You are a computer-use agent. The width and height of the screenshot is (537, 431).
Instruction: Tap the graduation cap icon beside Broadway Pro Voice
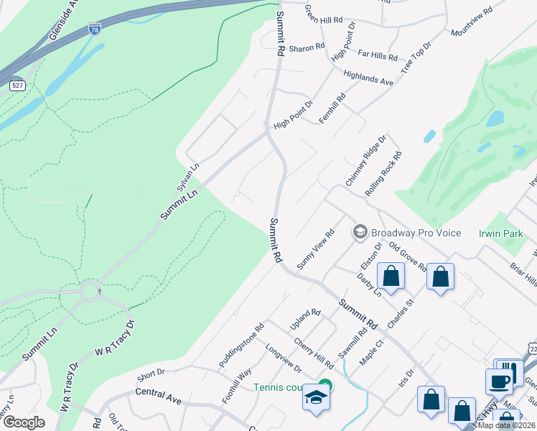coord(360,232)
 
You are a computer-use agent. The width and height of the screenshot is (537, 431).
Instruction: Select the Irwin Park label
coord(500,233)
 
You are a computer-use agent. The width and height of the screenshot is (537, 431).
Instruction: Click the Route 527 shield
coord(17,85)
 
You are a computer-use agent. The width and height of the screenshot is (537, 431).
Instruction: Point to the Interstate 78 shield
coord(95,28)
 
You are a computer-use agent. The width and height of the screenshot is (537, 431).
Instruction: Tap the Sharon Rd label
coord(307,48)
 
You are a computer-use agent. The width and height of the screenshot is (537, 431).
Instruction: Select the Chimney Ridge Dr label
coord(366,160)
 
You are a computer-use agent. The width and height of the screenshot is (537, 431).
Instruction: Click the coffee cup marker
coord(498,381)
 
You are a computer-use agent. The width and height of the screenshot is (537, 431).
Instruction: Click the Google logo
coord(24,422)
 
